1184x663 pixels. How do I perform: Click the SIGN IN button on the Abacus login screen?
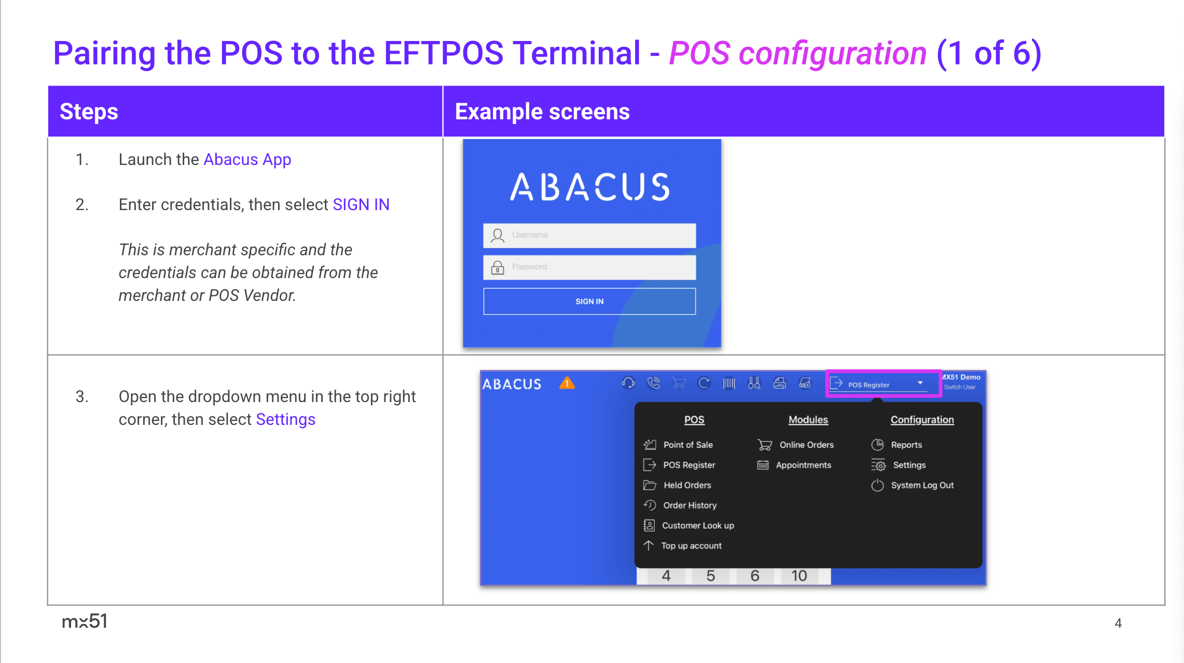point(589,301)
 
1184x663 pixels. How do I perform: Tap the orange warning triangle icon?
point(567,383)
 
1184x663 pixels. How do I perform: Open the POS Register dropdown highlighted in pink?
point(883,384)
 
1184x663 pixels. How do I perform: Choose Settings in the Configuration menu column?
point(909,465)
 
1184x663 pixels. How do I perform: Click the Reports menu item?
point(906,445)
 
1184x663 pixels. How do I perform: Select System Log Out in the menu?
point(922,486)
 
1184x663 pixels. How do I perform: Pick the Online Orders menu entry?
point(806,445)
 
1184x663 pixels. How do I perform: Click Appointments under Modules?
point(803,465)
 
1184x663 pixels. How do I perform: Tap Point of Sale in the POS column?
point(687,445)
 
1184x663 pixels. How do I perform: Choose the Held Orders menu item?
point(687,486)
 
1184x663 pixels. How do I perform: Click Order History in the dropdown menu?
point(690,506)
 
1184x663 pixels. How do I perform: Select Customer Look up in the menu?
point(698,526)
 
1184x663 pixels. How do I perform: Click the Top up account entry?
point(691,546)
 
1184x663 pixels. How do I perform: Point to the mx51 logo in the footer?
point(85,621)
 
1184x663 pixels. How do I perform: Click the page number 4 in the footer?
point(1118,623)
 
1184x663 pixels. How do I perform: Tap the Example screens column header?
point(542,112)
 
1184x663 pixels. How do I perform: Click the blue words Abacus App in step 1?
point(247,160)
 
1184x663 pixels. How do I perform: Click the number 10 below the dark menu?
point(799,576)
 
